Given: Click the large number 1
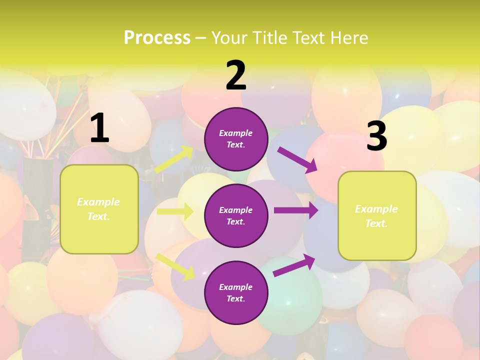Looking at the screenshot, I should [x=99, y=128].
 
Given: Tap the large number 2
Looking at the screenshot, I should [x=236, y=75].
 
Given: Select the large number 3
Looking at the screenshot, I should [x=377, y=136].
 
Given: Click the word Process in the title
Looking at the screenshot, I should [x=157, y=37].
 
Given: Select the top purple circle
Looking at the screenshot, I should [x=236, y=139].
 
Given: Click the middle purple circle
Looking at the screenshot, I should [x=236, y=215].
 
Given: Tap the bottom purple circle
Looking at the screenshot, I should [x=236, y=292].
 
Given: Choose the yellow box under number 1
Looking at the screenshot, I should [x=99, y=209].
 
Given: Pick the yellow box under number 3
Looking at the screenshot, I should [x=377, y=215].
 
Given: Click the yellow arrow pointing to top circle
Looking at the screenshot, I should [x=174, y=159].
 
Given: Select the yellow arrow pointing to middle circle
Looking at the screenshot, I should [x=175, y=211].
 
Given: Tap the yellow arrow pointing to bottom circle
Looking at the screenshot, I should [x=175, y=266].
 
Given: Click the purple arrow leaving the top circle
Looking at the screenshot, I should [x=297, y=159].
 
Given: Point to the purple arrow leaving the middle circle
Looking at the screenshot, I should [x=296, y=210].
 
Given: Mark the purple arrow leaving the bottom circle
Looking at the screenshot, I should [x=294, y=265].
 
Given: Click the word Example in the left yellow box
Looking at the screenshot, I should [x=98, y=202].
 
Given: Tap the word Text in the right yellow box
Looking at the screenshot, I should [x=376, y=223].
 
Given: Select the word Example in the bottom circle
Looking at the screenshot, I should [x=236, y=287].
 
